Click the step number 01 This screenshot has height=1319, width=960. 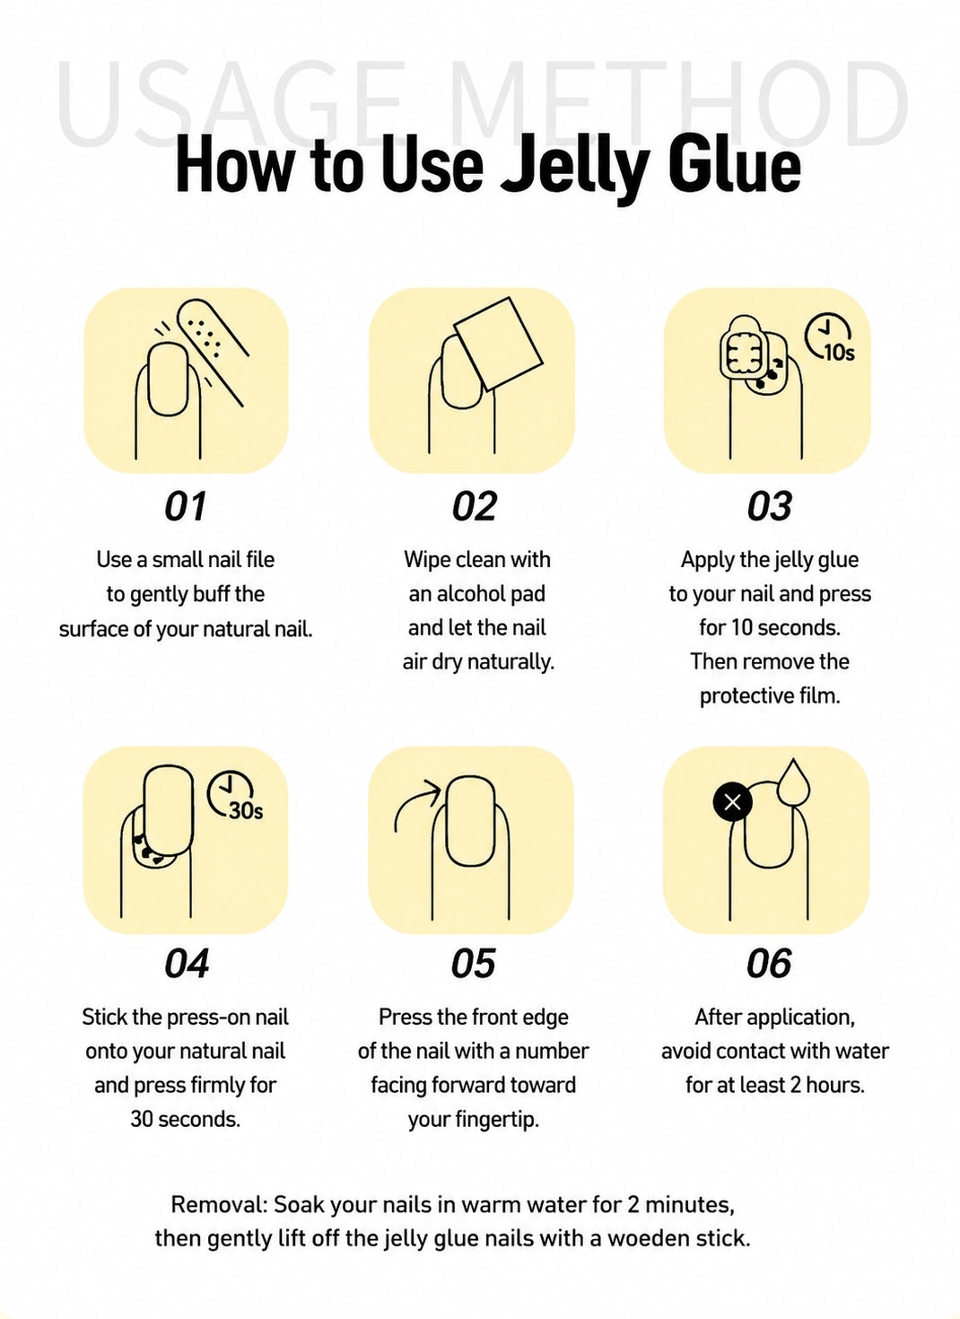pyautogui.click(x=186, y=506)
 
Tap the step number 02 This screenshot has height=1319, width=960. pyautogui.click(x=475, y=506)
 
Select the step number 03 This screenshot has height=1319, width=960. pyautogui.click(x=770, y=506)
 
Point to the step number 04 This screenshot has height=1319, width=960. pyautogui.click(x=187, y=964)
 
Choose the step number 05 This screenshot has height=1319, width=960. pyautogui.click(x=474, y=964)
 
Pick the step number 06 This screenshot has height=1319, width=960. pyautogui.click(x=769, y=964)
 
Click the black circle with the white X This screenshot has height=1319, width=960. pyautogui.click(x=733, y=802)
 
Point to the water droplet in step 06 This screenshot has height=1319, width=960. pyautogui.click(x=793, y=782)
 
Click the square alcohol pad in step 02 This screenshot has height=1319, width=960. pyautogui.click(x=498, y=344)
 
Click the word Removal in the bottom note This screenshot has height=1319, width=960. pyautogui.click(x=219, y=1205)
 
